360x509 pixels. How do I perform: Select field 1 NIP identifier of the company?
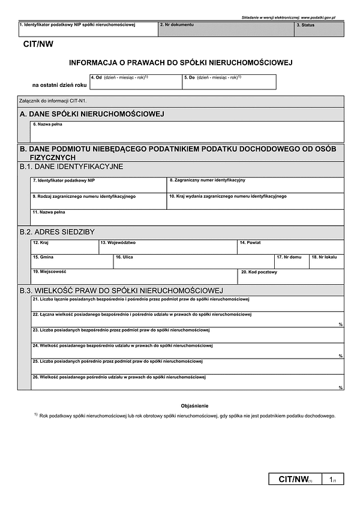(88, 29)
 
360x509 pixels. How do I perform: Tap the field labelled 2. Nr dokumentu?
(226, 29)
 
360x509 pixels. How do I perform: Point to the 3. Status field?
(319, 29)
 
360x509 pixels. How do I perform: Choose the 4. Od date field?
(135, 82)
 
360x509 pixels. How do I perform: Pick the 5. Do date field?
(229, 82)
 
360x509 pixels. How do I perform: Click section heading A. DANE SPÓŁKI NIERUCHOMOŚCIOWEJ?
(92, 114)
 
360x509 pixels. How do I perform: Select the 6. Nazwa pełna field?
(187, 132)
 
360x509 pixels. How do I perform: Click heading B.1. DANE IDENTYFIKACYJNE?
(71, 166)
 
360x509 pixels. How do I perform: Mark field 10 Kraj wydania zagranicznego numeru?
(255, 201)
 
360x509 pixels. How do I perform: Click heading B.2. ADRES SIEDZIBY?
(57, 231)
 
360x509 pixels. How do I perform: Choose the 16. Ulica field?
(193, 261)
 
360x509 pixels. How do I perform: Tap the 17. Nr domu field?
(291, 261)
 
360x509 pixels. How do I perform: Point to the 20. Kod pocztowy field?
(292, 276)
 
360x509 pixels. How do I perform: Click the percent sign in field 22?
(340, 324)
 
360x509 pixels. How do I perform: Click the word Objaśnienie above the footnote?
(194, 406)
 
